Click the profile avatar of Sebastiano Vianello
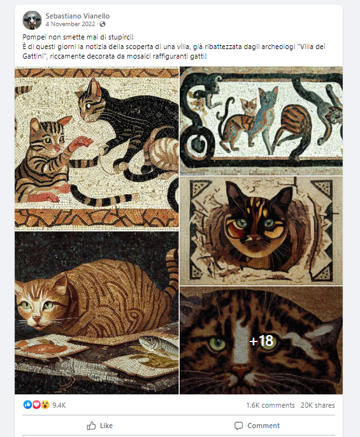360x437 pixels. pos(32,20)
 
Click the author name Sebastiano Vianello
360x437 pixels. pos(78,16)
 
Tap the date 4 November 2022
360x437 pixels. pos(71,24)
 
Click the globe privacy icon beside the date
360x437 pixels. pos(103,24)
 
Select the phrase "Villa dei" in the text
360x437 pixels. pos(312,47)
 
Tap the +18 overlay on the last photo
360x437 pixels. pos(261,341)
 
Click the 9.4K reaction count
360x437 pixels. pos(59,405)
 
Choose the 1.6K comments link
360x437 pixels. pos(270,405)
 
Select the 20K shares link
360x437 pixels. pos(317,405)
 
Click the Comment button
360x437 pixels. pos(257,426)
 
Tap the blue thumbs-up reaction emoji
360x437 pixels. pos(27,405)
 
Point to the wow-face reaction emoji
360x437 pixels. pos(45,405)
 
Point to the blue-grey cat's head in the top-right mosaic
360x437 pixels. pos(268,97)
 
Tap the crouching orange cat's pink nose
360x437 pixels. pos(36,319)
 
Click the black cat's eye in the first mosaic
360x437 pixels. pos(89,106)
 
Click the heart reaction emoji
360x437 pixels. pos(36,405)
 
